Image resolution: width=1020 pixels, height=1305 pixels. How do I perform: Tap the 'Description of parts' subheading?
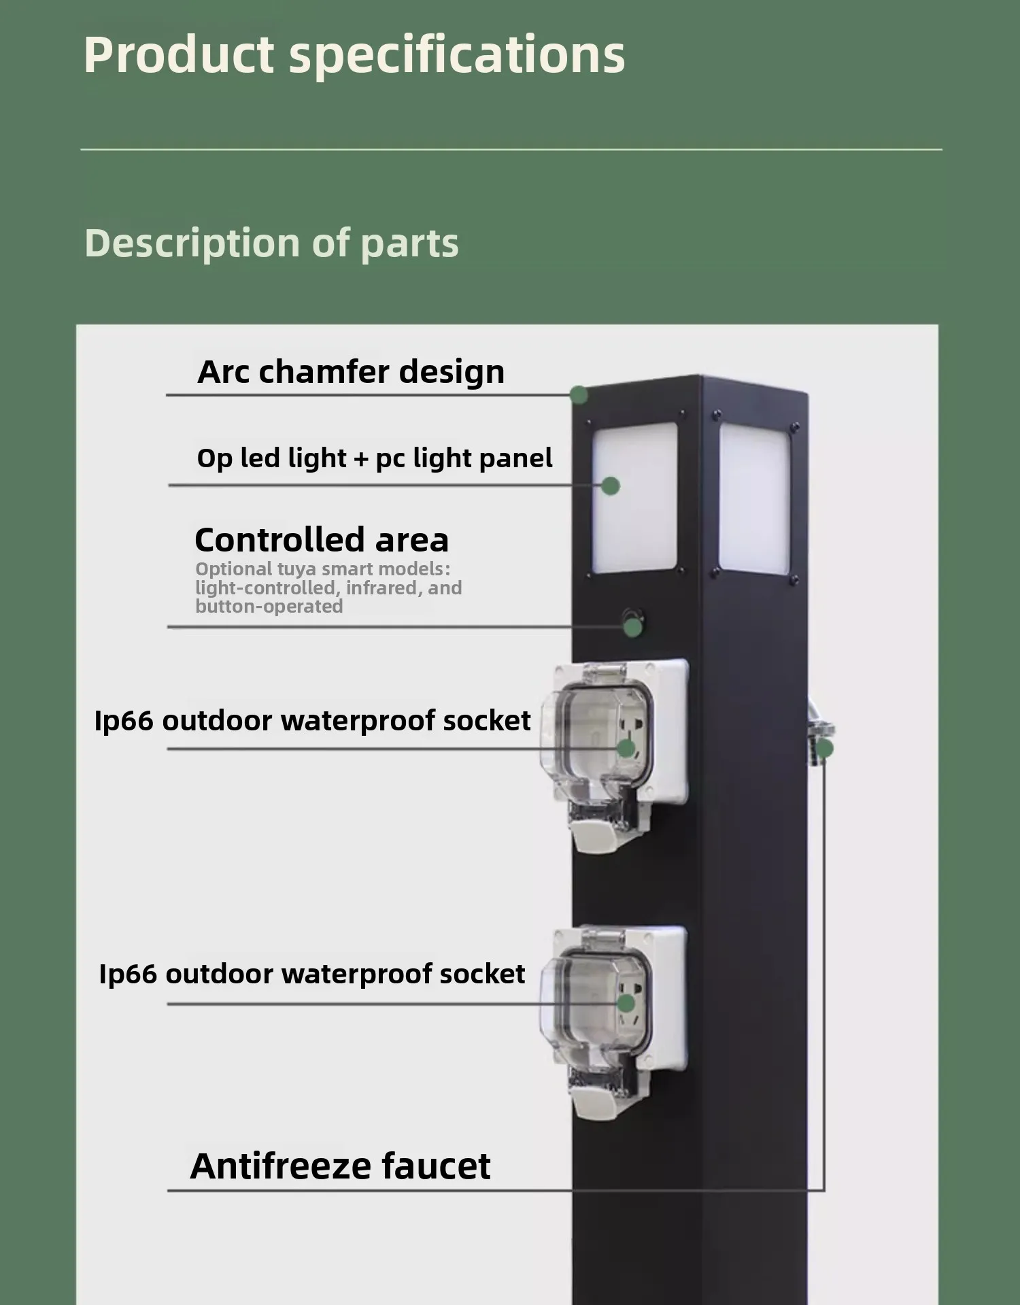(271, 243)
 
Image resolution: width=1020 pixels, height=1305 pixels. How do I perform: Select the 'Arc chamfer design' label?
(351, 372)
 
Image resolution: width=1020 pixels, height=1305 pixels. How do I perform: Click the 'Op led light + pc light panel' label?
(375, 458)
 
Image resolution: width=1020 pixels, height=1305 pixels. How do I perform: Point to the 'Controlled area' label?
(322, 540)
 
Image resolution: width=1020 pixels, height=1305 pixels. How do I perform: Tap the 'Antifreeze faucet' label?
(340, 1166)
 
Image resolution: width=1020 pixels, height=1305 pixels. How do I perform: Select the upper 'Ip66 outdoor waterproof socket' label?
(312, 721)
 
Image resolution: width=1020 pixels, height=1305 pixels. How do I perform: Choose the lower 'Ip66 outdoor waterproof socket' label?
(312, 974)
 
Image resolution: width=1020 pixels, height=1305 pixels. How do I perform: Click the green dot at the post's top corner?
(579, 394)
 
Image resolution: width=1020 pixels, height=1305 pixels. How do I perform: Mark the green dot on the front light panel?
(611, 486)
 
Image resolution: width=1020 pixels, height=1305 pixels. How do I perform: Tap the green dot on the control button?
(632, 628)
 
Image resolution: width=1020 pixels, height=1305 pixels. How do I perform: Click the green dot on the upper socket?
(626, 749)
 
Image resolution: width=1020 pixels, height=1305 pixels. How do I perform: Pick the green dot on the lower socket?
(626, 1003)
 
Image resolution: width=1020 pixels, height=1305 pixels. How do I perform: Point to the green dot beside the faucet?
(824, 749)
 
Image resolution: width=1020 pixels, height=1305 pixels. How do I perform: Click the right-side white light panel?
(755, 498)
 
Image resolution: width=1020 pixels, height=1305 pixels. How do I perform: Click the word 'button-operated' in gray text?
(269, 607)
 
